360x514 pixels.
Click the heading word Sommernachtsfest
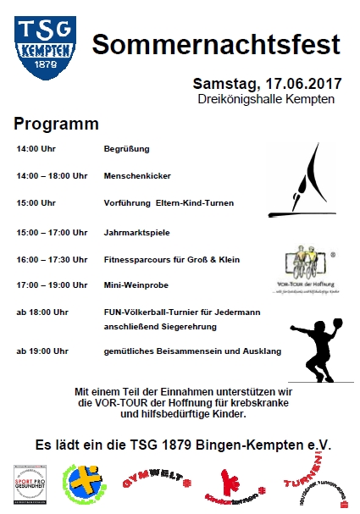point(216,45)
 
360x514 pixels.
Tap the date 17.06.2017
point(295,84)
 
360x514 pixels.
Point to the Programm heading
point(56,124)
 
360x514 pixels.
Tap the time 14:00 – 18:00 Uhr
point(52,176)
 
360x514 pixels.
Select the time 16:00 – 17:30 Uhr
point(52,259)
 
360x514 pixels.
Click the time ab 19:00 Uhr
point(42,350)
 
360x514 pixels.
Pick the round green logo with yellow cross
point(84,484)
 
